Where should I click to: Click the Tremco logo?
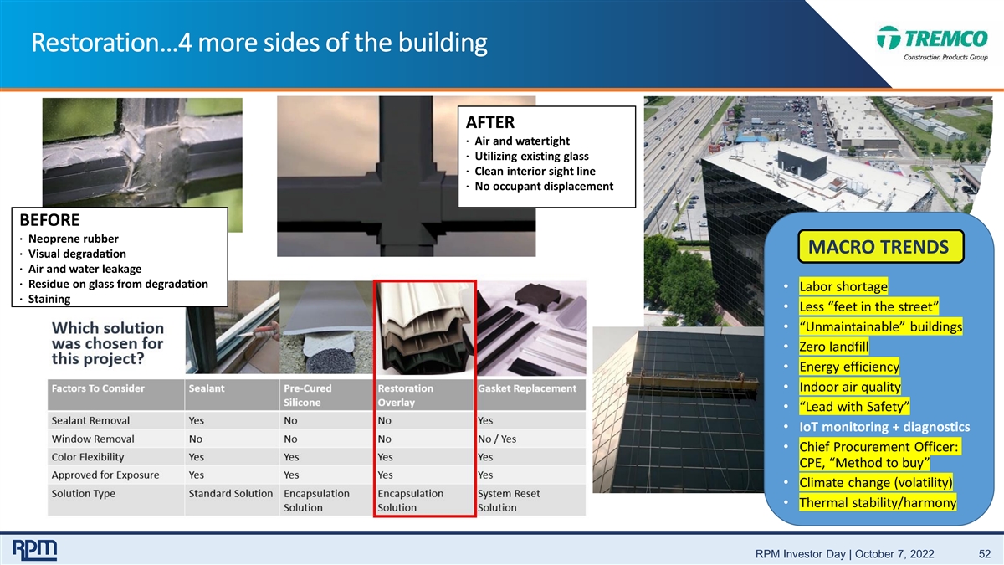(x=932, y=43)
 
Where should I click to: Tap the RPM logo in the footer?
(x=34, y=550)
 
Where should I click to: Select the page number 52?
(x=984, y=554)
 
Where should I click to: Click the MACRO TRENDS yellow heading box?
(x=881, y=247)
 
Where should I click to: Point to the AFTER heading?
(x=490, y=122)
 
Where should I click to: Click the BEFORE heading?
(x=49, y=220)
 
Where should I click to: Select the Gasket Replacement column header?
(x=527, y=388)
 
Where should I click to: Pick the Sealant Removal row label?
(x=90, y=420)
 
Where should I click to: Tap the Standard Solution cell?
(x=230, y=494)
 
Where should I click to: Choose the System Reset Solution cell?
(x=509, y=501)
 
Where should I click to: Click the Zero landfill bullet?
(x=833, y=347)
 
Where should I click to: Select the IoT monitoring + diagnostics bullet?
(x=884, y=427)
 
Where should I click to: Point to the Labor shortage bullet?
(x=843, y=286)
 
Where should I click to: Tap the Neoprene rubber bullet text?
(x=74, y=239)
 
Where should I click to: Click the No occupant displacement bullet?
(x=544, y=187)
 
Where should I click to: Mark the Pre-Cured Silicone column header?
(x=308, y=395)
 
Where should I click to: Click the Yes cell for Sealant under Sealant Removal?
(x=197, y=420)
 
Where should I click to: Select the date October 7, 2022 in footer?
(x=894, y=554)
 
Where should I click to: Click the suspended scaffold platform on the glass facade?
(x=693, y=381)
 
